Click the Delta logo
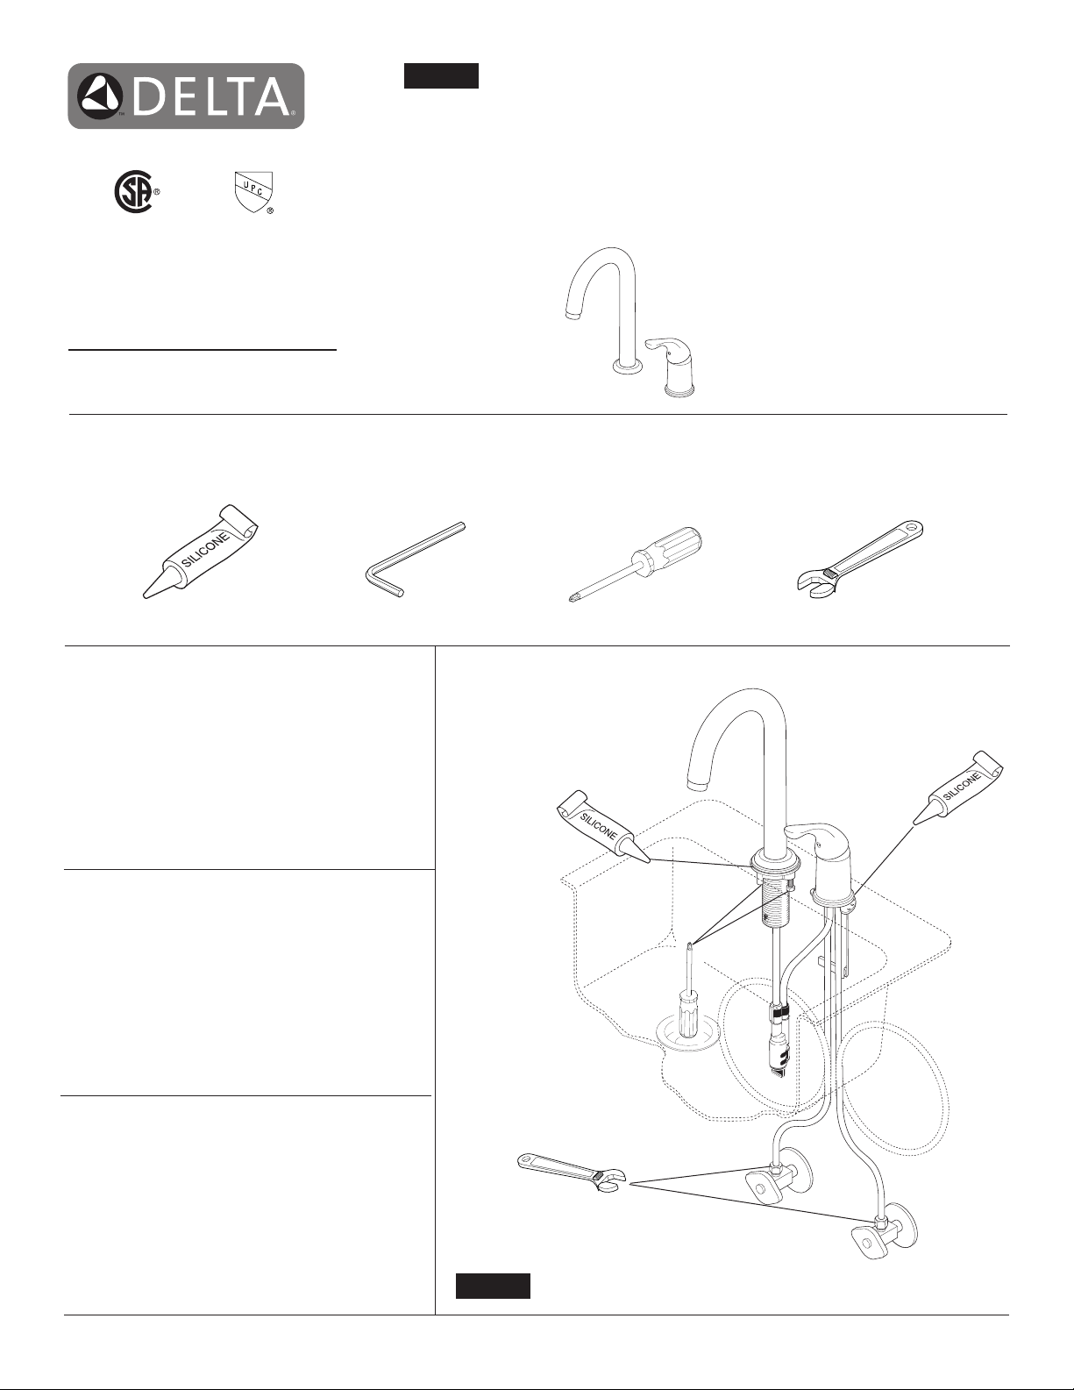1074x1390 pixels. click(x=186, y=96)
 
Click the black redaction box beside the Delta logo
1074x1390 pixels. click(x=441, y=75)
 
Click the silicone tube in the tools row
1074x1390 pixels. click(x=200, y=552)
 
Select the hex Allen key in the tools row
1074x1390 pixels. click(x=416, y=560)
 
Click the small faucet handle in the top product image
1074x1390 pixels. click(x=674, y=369)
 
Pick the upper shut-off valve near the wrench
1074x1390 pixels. click(x=782, y=1182)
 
